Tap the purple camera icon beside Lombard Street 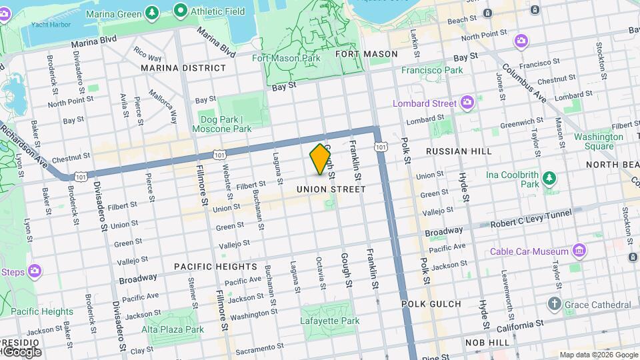[x=467, y=103]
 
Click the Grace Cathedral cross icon [x=554, y=304]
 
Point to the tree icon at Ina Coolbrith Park [x=549, y=178]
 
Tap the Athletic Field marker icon [x=179, y=11]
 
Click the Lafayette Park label [x=330, y=321]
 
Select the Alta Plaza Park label [x=173, y=329]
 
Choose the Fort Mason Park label [x=286, y=58]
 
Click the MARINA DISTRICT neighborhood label [x=183, y=68]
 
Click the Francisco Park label [x=431, y=70]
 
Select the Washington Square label [x=594, y=141]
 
